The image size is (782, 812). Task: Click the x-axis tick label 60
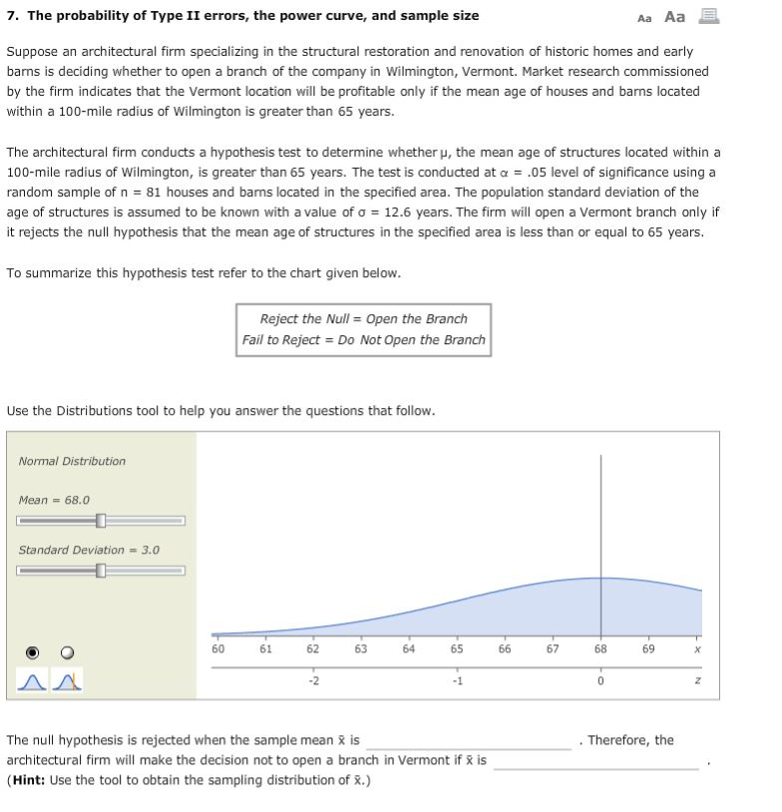click(x=217, y=648)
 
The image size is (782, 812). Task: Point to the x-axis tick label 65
click(x=457, y=648)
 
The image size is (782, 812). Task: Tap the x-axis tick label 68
click(x=600, y=648)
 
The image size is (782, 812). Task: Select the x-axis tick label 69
click(x=648, y=648)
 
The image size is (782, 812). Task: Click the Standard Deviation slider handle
click(x=101, y=571)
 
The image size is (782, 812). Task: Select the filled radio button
click(x=32, y=652)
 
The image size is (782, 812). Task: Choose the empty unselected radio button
click(x=67, y=652)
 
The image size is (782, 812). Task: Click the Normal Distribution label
click(x=72, y=461)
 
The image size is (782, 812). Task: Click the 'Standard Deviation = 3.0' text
click(x=88, y=550)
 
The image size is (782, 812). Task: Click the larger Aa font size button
click(x=675, y=16)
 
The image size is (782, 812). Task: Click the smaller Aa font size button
click(x=644, y=17)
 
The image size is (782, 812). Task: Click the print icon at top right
click(x=709, y=16)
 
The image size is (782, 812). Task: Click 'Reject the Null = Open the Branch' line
click(x=363, y=319)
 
